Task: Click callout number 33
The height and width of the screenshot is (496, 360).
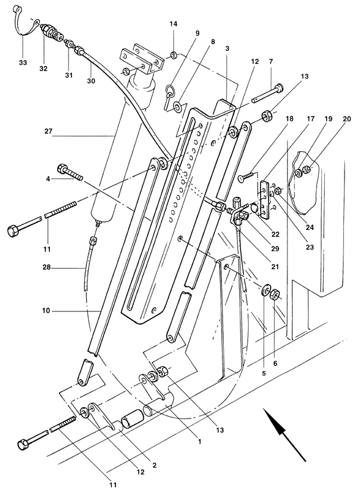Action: coord(23,63)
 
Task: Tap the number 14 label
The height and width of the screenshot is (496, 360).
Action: coord(174,24)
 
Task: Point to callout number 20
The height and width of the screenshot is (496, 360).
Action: coord(347,119)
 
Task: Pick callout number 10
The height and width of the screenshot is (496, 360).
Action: coord(46,311)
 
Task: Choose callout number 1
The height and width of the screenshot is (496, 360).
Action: coord(199,441)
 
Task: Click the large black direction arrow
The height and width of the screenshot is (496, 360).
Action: coord(284,433)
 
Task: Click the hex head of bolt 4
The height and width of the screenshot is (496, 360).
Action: coord(62,169)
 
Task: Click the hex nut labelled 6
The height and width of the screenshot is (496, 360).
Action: coord(274,295)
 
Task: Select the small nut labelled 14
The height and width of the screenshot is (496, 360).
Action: coord(174,56)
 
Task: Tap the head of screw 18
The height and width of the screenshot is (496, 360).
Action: coord(241,179)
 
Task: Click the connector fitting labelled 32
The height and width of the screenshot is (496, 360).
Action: coord(51,33)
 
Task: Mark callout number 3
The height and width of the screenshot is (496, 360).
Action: coord(227,49)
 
